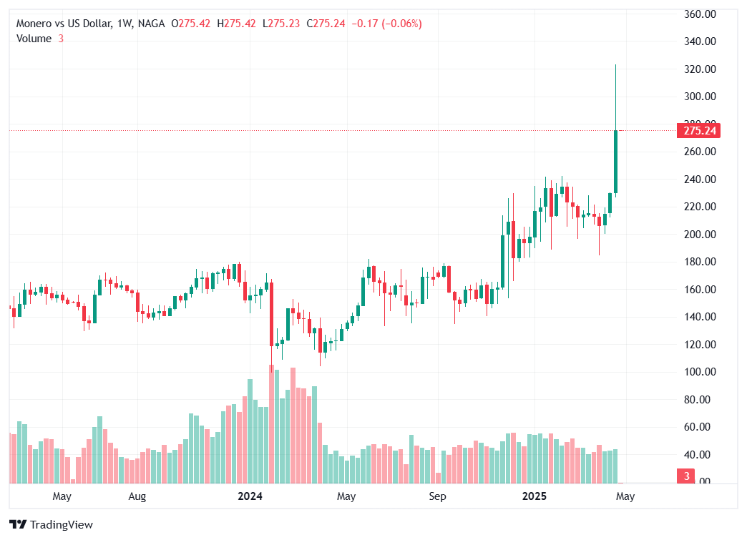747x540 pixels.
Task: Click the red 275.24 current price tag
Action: pos(700,131)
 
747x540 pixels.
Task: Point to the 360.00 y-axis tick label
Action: pos(700,14)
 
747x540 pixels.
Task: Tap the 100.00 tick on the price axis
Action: pos(700,372)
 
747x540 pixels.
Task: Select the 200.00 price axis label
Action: pos(700,234)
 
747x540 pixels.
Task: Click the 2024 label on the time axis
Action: pos(250,496)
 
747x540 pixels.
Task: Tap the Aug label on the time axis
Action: pos(137,496)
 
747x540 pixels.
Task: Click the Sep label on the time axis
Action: pos(437,496)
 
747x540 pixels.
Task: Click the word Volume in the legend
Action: pos(34,39)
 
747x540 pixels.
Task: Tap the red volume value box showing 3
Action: pos(685,476)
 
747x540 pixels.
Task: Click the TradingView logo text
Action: pos(61,525)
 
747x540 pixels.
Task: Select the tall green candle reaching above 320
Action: pos(615,161)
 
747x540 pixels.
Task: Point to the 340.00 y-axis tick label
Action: pos(700,41)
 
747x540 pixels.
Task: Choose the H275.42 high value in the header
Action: pos(240,24)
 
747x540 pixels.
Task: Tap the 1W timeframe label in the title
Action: pos(124,24)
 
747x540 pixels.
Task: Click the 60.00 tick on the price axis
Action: pos(700,427)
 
